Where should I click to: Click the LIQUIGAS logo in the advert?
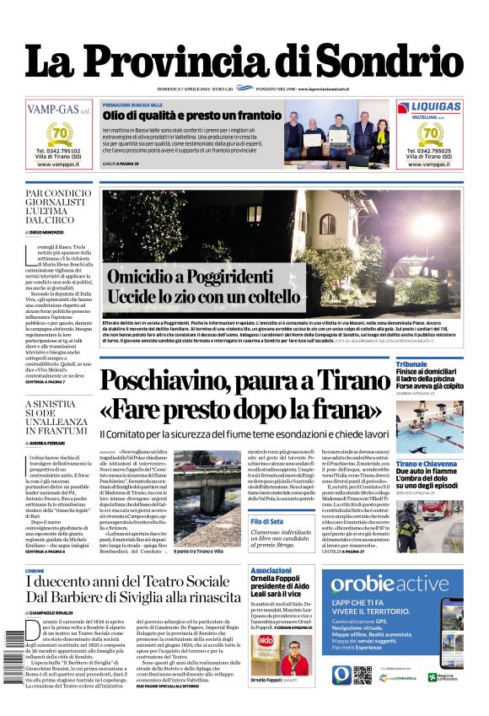pyautogui.click(x=430, y=107)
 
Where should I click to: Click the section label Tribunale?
pyautogui.click(x=412, y=364)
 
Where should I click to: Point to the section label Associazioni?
pyautogui.click(x=271, y=571)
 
